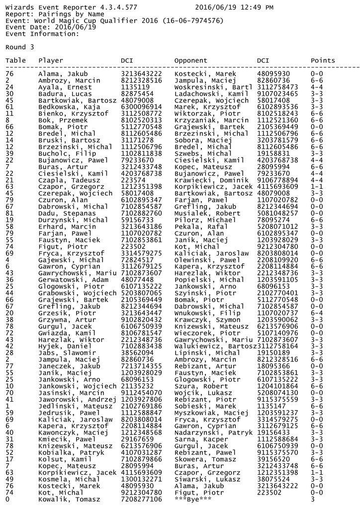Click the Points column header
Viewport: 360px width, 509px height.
pyautogui.click(x=323, y=61)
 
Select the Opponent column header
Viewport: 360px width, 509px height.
pyautogui.click(x=190, y=61)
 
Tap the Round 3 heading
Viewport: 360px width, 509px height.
pyautogui.click(x=20, y=47)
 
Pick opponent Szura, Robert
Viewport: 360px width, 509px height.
pyautogui.click(x=197, y=386)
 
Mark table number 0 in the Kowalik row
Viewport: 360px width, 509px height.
pyautogui.click(x=7, y=499)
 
